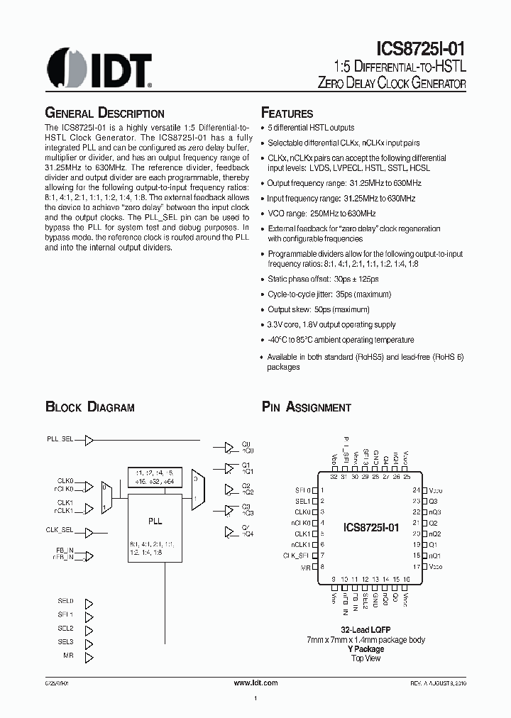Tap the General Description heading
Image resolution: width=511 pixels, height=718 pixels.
[x=104, y=114]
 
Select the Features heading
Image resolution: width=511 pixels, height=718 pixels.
[x=287, y=114]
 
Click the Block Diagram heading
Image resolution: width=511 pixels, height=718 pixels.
[x=89, y=407]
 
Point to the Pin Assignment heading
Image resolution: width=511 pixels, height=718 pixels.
[x=306, y=407]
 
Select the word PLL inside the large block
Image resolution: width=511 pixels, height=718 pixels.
[x=155, y=521]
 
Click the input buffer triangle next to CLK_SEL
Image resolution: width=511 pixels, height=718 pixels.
[x=89, y=531]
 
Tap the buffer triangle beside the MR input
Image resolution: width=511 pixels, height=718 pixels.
[x=89, y=657]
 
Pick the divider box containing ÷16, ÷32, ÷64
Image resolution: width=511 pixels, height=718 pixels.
[x=155, y=477]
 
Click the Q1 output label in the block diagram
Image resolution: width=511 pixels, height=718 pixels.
[x=246, y=466]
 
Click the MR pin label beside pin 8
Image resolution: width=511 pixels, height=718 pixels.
[x=306, y=568]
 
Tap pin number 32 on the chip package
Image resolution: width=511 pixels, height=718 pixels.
[x=334, y=477]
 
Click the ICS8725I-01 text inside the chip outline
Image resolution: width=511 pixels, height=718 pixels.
[x=371, y=528]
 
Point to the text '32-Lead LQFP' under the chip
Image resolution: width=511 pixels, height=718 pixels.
[x=366, y=630]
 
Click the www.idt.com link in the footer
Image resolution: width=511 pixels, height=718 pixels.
[x=255, y=683]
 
